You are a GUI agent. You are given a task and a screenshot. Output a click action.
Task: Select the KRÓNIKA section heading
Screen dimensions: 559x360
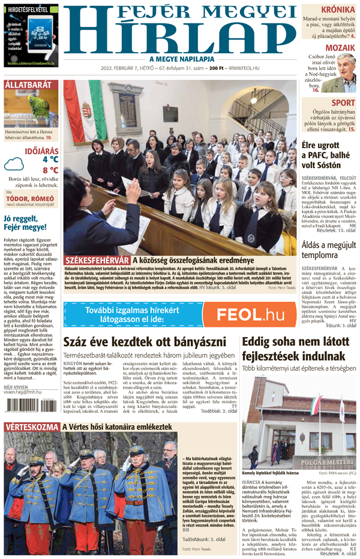point(336,10)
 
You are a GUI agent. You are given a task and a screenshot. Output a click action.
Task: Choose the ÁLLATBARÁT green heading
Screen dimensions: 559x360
point(28,85)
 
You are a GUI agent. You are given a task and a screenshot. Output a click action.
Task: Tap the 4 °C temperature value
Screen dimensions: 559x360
point(50,160)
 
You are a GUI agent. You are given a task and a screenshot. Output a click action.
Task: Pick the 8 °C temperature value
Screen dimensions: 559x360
point(50,170)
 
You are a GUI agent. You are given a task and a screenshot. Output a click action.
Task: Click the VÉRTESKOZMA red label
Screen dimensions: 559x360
point(31,427)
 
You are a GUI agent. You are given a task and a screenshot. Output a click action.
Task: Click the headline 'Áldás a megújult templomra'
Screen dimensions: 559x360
point(329,248)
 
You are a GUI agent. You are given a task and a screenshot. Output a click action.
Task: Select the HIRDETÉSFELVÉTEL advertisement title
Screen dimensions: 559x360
point(31,10)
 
